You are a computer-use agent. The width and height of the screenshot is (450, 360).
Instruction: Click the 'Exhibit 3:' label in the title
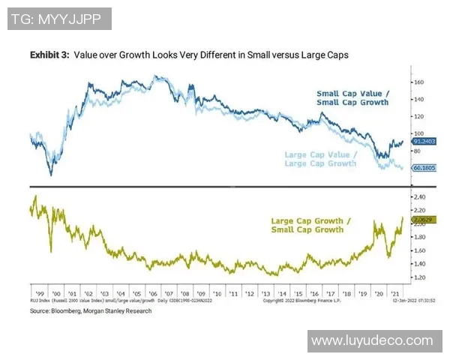(48, 55)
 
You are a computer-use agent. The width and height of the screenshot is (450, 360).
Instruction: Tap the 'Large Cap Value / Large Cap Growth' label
(321, 158)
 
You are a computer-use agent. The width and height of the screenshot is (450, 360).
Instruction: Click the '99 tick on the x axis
(37, 294)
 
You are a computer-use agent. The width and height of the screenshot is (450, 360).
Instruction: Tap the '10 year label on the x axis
(217, 294)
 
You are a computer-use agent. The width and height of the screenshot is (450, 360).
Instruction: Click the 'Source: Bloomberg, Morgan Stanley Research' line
(90, 310)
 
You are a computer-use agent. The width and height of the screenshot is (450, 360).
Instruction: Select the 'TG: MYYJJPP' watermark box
(60, 19)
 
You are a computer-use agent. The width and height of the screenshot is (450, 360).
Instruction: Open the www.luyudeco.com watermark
(372, 340)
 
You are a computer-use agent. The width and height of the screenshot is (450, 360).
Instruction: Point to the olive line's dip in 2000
(50, 250)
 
